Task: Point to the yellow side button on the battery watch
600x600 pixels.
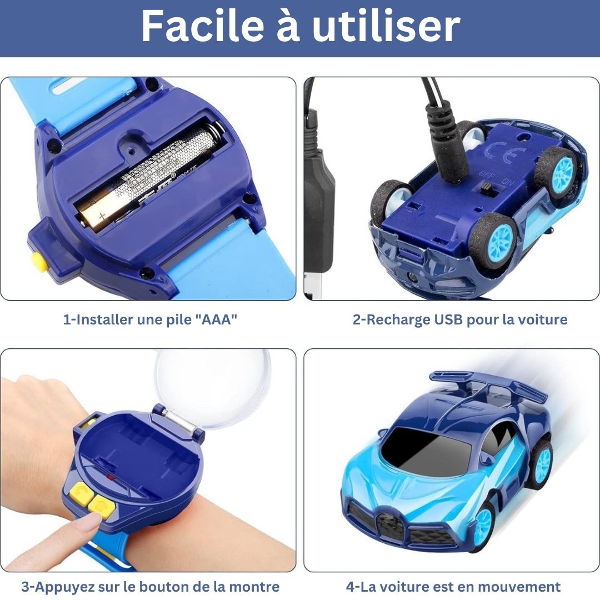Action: (38, 260)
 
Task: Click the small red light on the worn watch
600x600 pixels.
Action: (111, 477)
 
